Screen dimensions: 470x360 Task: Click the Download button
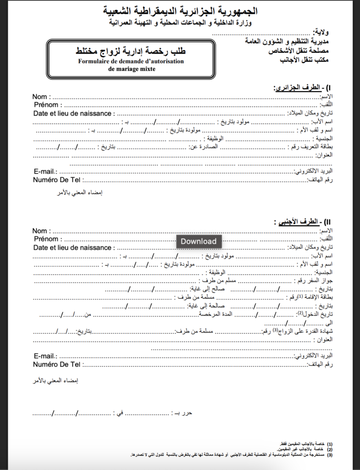tap(198, 241)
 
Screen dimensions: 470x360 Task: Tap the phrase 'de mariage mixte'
tap(132, 69)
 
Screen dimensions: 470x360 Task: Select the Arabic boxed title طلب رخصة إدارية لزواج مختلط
tap(132, 51)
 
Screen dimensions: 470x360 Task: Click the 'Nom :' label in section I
tap(42, 97)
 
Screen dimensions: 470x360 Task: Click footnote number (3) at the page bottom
tap(330, 455)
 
